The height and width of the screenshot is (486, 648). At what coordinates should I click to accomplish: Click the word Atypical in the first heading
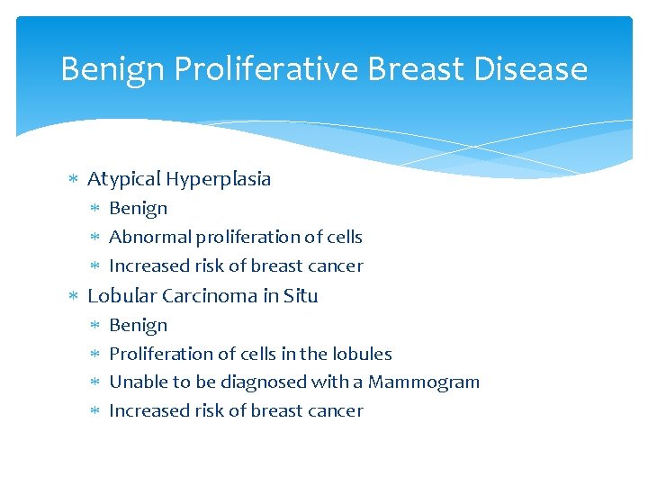(x=123, y=179)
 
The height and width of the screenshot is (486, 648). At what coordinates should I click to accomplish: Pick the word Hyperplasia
(x=218, y=179)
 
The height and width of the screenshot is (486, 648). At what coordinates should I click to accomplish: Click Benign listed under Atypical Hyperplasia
(x=138, y=209)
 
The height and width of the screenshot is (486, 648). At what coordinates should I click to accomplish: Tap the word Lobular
(x=120, y=296)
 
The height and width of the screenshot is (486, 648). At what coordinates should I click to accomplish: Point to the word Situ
(x=301, y=296)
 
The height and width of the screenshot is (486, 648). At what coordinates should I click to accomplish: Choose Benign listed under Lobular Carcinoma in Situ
(x=138, y=326)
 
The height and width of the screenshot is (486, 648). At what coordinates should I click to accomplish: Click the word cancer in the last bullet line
(x=334, y=411)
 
